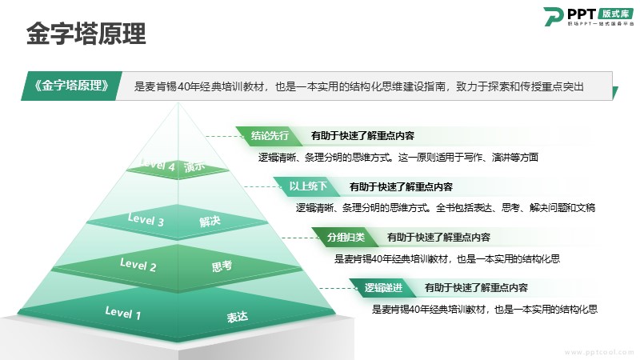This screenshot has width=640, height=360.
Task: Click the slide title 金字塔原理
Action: point(86,34)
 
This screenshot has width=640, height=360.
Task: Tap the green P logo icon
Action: point(553,16)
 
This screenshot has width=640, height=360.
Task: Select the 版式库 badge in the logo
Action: point(615,14)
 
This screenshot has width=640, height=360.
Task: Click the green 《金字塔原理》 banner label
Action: point(72,86)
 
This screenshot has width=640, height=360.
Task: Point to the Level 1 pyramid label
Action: point(123,313)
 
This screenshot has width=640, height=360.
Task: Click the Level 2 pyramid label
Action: point(138,265)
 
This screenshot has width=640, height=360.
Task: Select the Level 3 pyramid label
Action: point(146,219)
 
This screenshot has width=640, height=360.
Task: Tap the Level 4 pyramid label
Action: point(157,165)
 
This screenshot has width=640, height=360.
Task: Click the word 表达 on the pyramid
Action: point(237,317)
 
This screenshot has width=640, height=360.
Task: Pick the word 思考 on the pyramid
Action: point(222,266)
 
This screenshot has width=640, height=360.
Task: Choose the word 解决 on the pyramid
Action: point(210,222)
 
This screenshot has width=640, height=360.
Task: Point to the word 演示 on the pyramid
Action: point(194,166)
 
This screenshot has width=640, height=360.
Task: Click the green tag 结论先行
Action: point(270,135)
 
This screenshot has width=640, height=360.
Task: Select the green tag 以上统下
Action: point(308,186)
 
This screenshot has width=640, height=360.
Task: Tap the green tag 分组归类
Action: point(346,237)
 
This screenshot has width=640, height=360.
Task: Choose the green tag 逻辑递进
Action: point(383,288)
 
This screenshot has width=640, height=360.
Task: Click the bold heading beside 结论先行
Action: point(362,136)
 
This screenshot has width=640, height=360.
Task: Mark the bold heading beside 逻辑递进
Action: point(476,288)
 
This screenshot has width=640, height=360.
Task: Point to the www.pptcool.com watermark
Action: point(598,352)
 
